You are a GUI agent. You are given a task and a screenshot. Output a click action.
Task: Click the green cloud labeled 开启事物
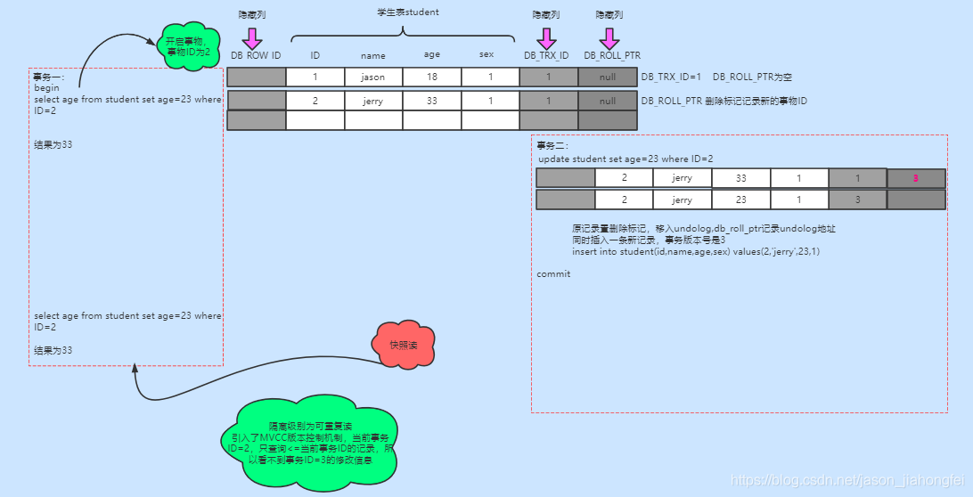click(x=187, y=46)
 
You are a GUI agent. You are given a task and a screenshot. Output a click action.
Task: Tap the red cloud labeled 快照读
click(x=404, y=345)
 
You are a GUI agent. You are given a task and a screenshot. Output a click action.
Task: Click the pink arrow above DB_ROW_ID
click(x=252, y=38)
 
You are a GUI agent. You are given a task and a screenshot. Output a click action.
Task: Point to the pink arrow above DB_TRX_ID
click(x=546, y=38)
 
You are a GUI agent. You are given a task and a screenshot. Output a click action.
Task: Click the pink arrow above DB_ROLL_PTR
click(x=609, y=38)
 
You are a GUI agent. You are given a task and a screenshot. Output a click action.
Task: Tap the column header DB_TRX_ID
click(x=546, y=55)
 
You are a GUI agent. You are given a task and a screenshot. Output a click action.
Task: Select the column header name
click(x=373, y=55)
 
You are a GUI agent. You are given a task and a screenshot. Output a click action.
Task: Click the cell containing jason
click(x=373, y=77)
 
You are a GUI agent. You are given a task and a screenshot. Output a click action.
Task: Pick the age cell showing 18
click(x=432, y=77)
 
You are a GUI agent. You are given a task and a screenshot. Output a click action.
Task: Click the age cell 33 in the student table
click(x=432, y=101)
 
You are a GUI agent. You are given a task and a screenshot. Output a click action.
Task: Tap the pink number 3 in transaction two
click(x=915, y=178)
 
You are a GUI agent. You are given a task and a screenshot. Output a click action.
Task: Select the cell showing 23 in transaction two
click(x=741, y=200)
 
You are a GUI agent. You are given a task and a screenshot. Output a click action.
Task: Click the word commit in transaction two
click(x=553, y=273)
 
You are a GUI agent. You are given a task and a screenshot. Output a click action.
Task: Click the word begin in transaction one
click(x=46, y=88)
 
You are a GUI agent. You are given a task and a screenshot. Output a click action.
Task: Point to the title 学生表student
click(x=407, y=12)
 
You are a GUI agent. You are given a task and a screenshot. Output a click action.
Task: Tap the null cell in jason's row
click(x=608, y=77)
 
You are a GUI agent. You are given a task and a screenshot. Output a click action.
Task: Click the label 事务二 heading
click(x=552, y=145)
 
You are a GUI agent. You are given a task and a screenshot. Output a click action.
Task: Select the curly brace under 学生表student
click(x=404, y=34)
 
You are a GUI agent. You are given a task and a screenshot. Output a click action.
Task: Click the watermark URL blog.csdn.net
click(x=846, y=480)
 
